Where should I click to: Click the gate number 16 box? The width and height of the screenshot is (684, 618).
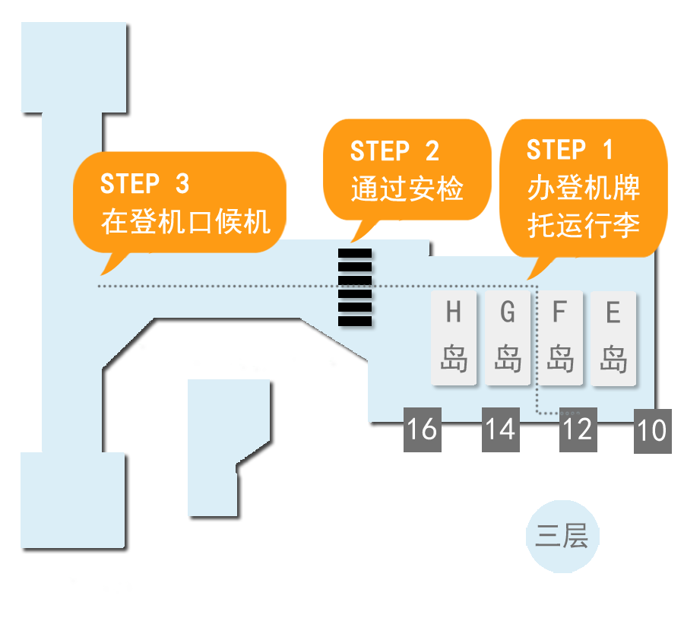coord(423,429)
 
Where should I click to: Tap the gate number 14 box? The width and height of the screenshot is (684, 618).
coord(501,429)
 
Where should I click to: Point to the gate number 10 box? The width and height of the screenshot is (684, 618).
coord(652,431)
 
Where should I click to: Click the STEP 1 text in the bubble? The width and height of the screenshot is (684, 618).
coord(569,150)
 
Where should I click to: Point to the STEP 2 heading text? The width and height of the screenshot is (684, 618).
coord(394,151)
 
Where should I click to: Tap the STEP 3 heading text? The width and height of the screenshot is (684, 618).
coord(144,184)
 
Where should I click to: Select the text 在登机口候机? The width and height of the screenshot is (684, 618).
coord(185,222)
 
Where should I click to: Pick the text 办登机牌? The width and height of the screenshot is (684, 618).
coord(583,188)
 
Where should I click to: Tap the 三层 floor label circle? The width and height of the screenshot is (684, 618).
coord(562,537)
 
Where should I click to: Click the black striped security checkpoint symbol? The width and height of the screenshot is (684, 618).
coord(355,287)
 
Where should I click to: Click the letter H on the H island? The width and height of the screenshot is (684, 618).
coord(454,312)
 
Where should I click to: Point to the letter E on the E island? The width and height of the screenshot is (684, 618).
coord(613,312)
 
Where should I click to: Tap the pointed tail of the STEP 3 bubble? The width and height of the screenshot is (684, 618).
coord(106,268)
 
